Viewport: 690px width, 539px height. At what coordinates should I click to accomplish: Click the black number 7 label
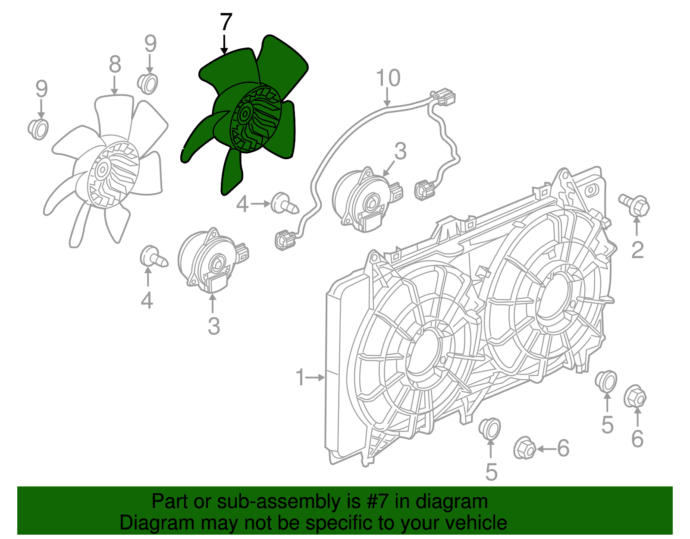tap(226, 22)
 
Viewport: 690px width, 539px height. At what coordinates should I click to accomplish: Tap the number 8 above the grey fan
tap(115, 65)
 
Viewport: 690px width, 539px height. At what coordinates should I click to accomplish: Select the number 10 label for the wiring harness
tap(388, 79)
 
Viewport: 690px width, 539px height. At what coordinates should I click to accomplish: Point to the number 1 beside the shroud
tap(301, 378)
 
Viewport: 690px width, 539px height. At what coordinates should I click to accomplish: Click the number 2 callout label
tap(637, 250)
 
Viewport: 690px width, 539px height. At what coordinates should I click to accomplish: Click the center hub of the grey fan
tap(103, 169)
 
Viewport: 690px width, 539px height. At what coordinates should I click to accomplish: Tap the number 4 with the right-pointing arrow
tap(242, 204)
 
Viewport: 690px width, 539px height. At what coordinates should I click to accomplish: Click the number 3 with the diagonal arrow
tap(400, 151)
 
